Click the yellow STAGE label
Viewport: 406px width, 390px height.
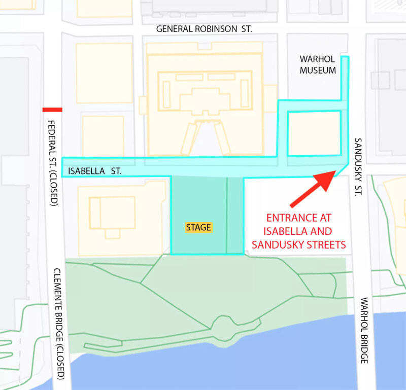tap(198, 227)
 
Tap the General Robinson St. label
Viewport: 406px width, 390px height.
tap(204, 29)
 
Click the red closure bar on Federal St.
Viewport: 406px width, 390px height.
tap(52, 110)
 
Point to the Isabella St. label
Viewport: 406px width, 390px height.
tap(95, 171)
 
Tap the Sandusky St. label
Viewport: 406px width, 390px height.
tap(357, 167)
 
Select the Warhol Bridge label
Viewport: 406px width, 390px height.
tap(364, 330)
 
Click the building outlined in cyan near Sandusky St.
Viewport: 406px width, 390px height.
tap(314, 133)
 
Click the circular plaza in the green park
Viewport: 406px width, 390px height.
tap(222, 324)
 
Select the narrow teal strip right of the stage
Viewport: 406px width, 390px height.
tap(235, 215)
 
